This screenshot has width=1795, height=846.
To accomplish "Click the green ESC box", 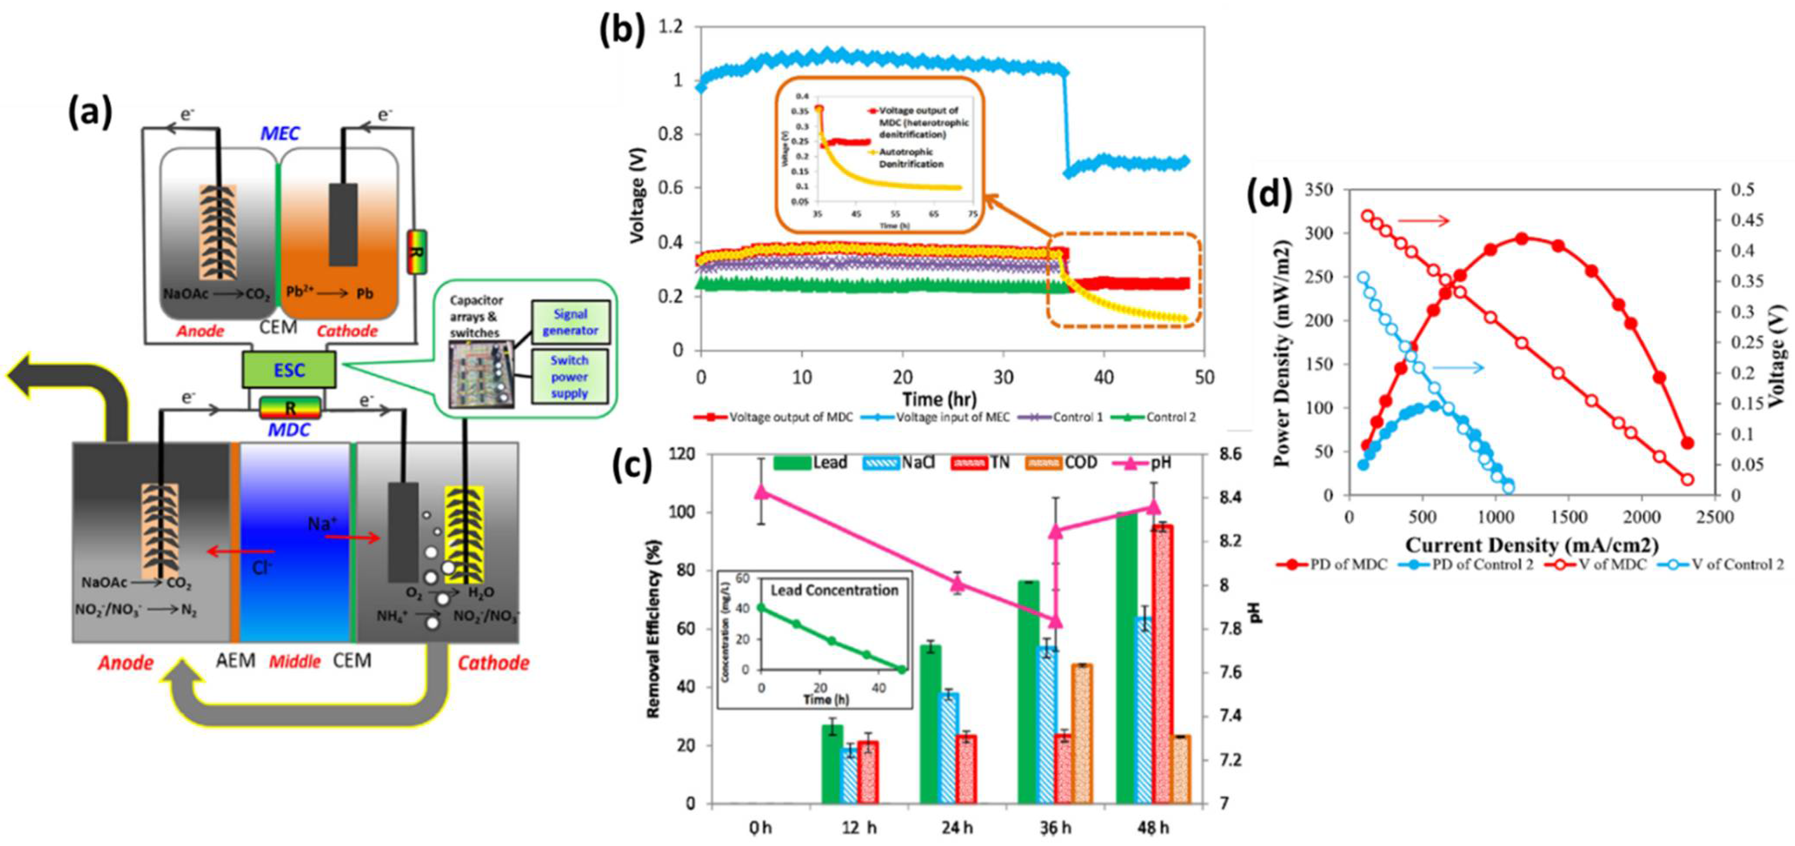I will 289,369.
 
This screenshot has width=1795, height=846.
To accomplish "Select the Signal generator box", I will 570,322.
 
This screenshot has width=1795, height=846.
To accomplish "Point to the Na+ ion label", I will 322,523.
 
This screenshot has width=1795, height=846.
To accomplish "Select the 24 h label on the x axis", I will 957,828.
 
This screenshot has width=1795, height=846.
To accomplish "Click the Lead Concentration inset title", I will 834,590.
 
